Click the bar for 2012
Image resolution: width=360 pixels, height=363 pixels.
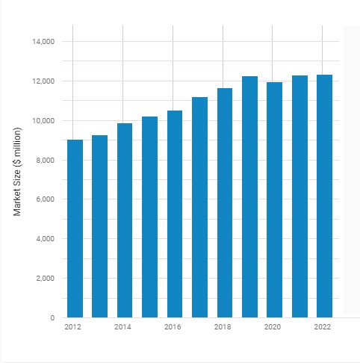[x=75, y=229]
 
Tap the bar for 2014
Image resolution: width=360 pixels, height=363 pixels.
[x=125, y=220]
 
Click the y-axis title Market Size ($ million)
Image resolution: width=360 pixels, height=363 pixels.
[x=17, y=172]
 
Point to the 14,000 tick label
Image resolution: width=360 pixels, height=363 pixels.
[x=43, y=42]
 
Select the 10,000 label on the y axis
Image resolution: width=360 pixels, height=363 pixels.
[x=43, y=121]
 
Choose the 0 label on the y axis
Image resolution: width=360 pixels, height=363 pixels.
[x=52, y=318]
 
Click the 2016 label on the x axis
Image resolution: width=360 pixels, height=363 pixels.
[x=173, y=327]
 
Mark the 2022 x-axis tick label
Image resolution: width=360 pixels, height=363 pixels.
[x=323, y=327]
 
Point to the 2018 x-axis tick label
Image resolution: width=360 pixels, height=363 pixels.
[x=223, y=327]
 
